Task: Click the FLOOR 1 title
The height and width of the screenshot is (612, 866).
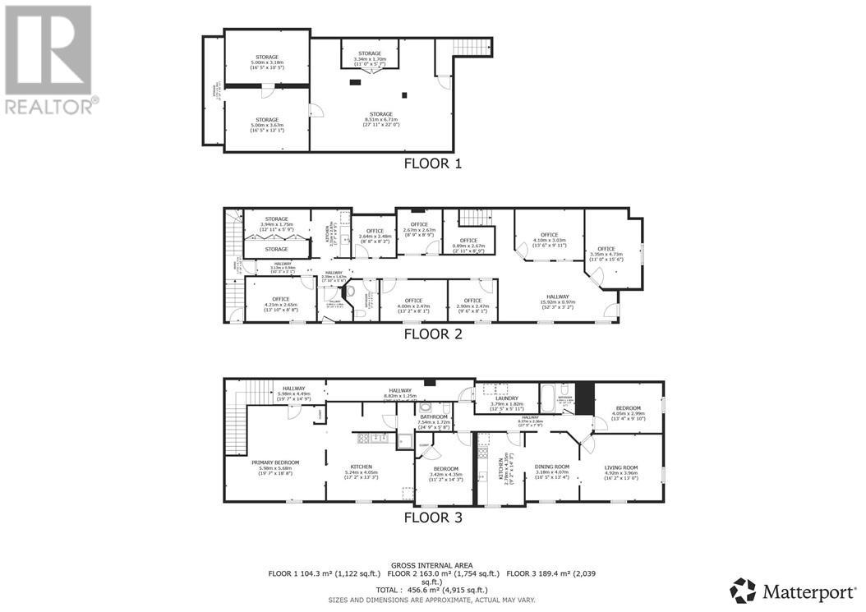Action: point(432,163)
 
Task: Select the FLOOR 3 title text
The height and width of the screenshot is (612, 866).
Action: point(432,518)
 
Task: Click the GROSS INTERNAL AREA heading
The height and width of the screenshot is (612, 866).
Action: point(432,565)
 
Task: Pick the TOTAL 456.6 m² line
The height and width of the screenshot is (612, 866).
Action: point(432,590)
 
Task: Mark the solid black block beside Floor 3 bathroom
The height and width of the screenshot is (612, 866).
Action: point(584,398)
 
